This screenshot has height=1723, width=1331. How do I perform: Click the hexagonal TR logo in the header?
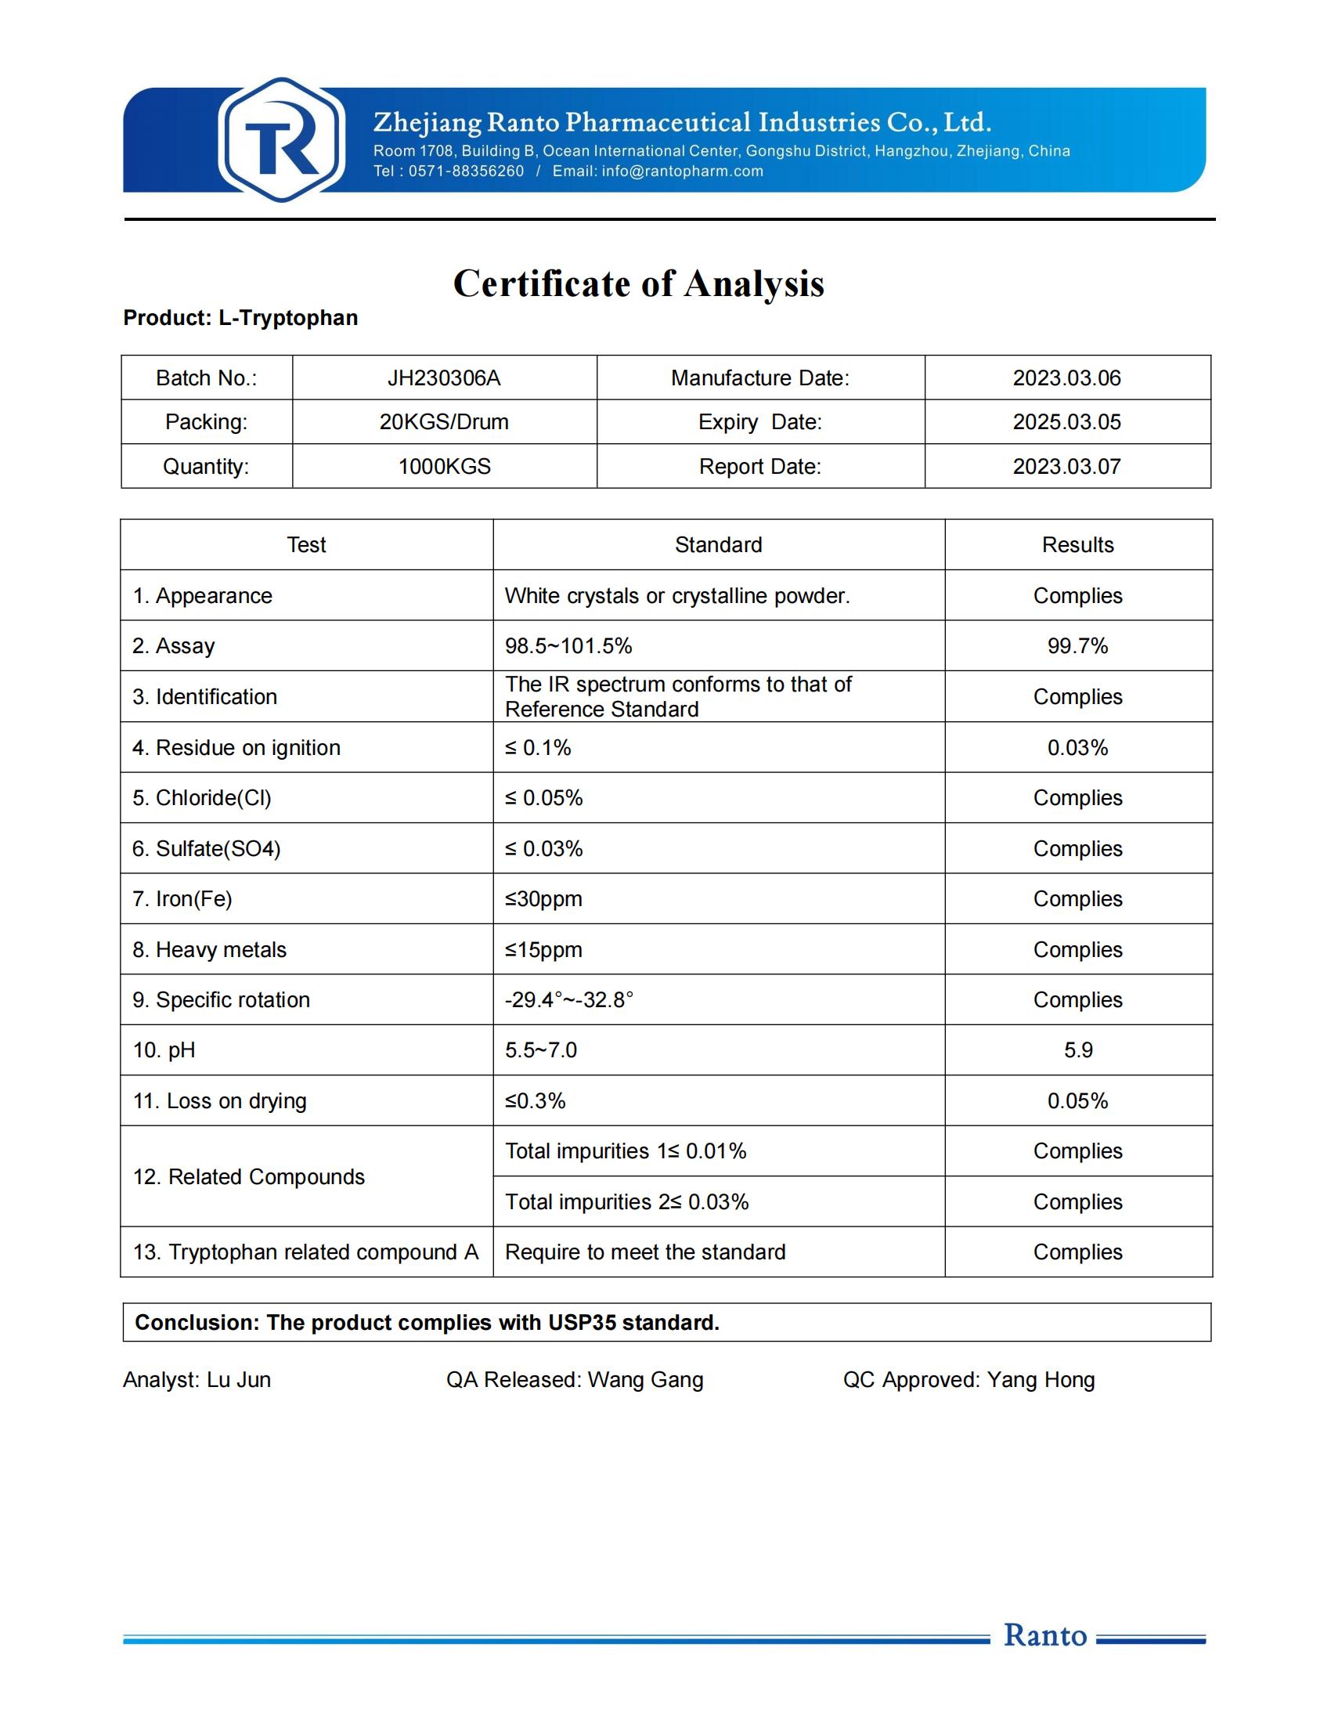pos(282,139)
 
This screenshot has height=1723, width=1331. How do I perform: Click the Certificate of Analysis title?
pos(638,284)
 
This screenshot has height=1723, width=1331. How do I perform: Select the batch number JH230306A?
pos(444,378)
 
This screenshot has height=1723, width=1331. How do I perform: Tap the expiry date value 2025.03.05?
pos(1066,422)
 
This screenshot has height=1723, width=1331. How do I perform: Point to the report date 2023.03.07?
pos(1066,466)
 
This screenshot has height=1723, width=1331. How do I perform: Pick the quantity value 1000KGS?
pos(444,466)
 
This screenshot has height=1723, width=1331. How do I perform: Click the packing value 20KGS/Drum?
pos(444,422)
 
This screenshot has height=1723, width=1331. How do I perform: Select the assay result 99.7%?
pos(1077,646)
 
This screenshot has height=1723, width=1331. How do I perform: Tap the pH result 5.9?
pos(1078,1050)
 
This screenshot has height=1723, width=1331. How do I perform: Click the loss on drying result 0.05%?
pos(1077,1100)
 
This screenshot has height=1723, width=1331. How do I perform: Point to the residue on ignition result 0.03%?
pos(1077,747)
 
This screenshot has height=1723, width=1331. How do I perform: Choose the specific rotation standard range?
pos(569,999)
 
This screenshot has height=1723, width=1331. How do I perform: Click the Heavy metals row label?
pos(209,949)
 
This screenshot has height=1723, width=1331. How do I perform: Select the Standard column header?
pos(718,545)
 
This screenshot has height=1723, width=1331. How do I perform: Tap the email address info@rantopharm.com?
pos(682,172)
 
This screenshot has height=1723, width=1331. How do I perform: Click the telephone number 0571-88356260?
pos(465,172)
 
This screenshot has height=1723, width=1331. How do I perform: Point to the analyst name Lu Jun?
pos(239,1380)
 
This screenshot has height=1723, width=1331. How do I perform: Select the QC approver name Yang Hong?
pos(1041,1380)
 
